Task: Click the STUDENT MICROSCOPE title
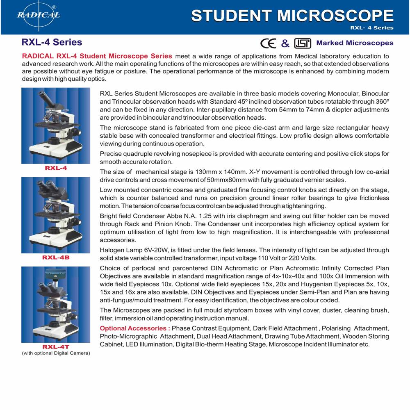(x=292, y=16)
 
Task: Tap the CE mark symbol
(x=269, y=43)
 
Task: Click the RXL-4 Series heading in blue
(x=52, y=42)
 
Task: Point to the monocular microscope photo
(x=56, y=126)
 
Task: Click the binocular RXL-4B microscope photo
(x=56, y=215)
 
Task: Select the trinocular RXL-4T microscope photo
(x=56, y=305)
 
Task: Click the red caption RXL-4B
(x=56, y=257)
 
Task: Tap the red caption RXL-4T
(x=56, y=347)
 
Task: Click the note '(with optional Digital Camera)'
(x=56, y=353)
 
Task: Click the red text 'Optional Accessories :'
(x=135, y=328)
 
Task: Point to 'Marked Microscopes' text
(x=355, y=43)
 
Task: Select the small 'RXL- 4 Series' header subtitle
(x=371, y=28)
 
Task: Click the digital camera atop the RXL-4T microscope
(x=54, y=273)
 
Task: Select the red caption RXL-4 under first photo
(x=56, y=168)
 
